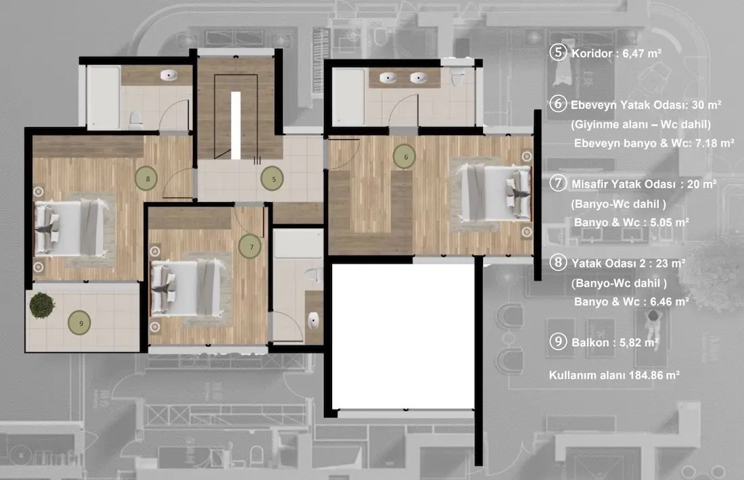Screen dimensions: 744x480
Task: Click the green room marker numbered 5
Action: [x=273, y=178]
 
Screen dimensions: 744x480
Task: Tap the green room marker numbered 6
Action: [x=404, y=157]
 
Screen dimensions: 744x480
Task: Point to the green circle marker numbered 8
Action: [x=147, y=178]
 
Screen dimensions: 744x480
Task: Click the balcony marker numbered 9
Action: [x=79, y=323]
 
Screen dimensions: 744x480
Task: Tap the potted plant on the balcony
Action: [x=42, y=306]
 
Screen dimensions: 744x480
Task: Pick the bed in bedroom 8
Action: [x=71, y=228]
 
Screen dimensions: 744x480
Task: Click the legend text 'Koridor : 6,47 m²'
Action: [x=616, y=53]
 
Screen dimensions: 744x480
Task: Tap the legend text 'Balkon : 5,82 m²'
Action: [x=615, y=343]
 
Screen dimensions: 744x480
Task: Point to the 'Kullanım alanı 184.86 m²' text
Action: [x=614, y=375]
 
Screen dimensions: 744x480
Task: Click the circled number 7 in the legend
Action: [x=558, y=183]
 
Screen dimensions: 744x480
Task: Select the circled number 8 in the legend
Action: [x=558, y=262]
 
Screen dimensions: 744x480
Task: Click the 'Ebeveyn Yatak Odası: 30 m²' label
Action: [x=646, y=105]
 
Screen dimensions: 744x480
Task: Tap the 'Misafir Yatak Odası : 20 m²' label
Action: [x=644, y=184]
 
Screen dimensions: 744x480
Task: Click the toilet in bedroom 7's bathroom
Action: [x=311, y=274]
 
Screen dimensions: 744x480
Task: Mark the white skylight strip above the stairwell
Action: [x=236, y=125]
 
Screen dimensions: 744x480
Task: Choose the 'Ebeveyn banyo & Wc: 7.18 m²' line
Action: [x=654, y=143]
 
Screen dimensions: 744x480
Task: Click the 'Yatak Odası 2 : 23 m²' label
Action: [x=628, y=263]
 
